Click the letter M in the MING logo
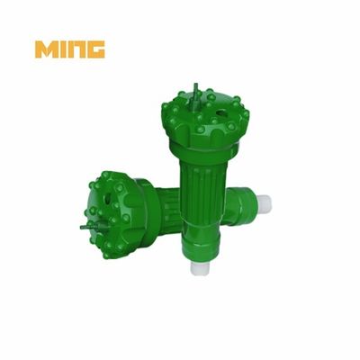coord(46,49)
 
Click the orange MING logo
coord(70,49)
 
